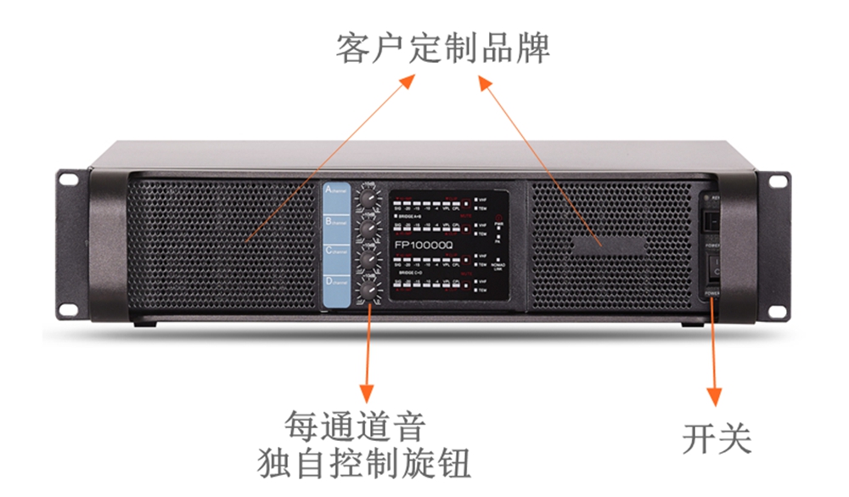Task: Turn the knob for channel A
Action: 369,199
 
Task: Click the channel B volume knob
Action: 369,230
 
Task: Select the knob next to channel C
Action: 369,262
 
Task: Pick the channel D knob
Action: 369,292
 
